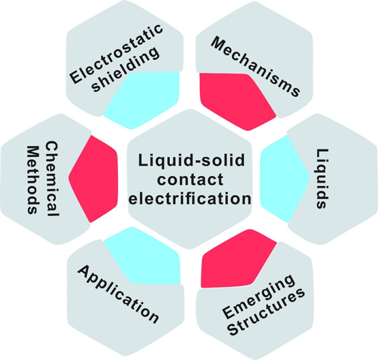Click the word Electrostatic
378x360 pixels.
click(116, 53)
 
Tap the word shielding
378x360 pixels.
click(126, 69)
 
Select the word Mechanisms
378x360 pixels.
click(256, 67)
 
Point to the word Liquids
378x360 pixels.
click(322, 179)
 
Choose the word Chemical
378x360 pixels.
click(52, 179)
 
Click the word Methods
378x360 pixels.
click(33, 179)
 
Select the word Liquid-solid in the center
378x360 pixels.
click(192, 160)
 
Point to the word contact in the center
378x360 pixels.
click(190, 179)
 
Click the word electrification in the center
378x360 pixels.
click(190, 198)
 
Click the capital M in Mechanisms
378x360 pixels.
click(219, 44)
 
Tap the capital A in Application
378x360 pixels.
click(85, 271)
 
